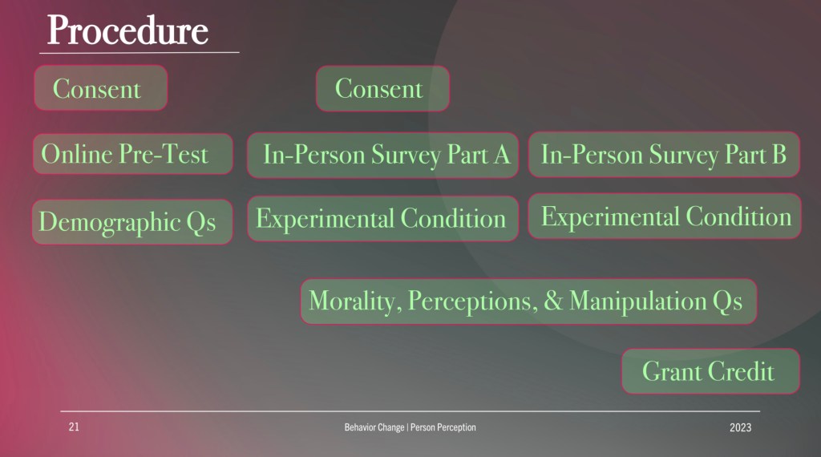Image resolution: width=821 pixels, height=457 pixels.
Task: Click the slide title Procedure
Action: pos(127,30)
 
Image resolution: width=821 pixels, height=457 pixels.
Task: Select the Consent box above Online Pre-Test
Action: pos(100,88)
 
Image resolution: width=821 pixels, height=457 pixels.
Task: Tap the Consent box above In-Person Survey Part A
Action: pos(382,88)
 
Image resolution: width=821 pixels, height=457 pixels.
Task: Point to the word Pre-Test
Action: pos(164,154)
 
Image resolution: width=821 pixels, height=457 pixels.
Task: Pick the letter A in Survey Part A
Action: pos(502,155)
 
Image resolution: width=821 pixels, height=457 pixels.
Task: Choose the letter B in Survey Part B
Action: pos(779,155)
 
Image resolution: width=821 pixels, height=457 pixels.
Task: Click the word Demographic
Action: pos(109,222)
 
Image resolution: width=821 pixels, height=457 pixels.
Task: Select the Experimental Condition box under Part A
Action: pos(382,219)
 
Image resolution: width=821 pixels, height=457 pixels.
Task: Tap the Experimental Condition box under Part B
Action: pos(665,216)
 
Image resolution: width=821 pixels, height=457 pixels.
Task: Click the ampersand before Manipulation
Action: pos(553,301)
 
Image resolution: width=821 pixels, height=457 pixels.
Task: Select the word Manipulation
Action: pos(637,301)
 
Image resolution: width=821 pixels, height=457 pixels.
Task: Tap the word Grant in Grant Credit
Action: pos(672,371)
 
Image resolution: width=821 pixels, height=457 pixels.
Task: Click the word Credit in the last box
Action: pos(741,371)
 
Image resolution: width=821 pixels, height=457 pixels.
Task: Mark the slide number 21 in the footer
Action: pos(74,427)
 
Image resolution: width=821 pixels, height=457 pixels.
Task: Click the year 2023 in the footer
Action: pos(740,427)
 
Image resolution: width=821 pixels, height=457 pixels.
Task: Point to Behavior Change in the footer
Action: pos(374,427)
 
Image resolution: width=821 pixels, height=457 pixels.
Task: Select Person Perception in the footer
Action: pos(443,427)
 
